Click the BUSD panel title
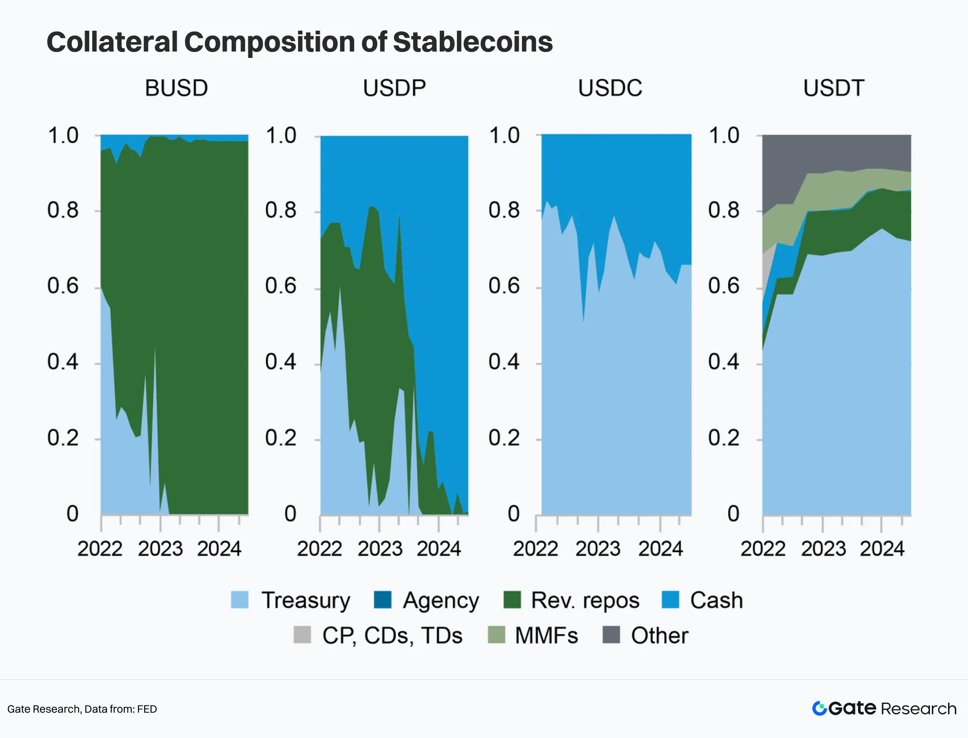[x=176, y=88]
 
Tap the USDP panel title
[x=394, y=88]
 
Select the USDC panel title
[x=610, y=88]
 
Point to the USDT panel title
[x=834, y=88]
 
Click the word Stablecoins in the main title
[x=473, y=42]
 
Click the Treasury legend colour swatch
[x=240, y=600]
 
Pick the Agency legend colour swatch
[x=383, y=600]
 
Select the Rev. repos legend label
[x=585, y=601]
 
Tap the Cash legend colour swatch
[x=670, y=600]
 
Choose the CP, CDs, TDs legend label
[x=392, y=635]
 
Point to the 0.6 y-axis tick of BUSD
[x=63, y=286]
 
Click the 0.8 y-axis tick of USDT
[x=724, y=210]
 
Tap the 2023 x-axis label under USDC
[x=598, y=549]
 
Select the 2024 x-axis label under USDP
[x=438, y=549]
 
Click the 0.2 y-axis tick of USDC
[x=504, y=438]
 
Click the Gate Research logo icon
[x=820, y=708]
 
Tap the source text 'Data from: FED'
[x=120, y=709]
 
